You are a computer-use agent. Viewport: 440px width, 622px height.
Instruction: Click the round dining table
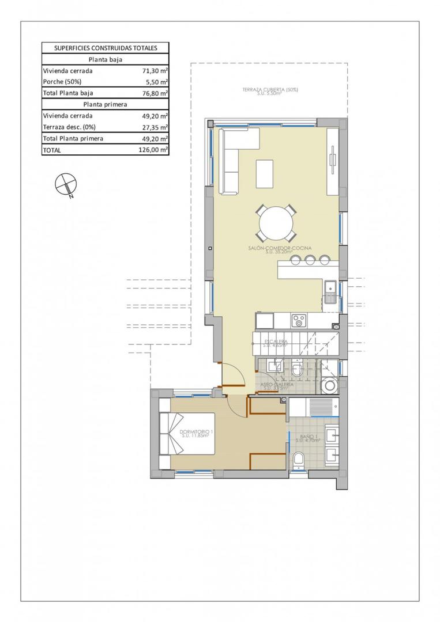[277, 223]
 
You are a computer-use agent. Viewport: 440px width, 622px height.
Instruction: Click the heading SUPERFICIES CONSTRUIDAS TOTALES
[105, 48]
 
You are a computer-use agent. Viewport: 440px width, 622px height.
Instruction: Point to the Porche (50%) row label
[62, 82]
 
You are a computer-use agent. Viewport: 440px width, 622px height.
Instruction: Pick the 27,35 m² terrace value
[155, 127]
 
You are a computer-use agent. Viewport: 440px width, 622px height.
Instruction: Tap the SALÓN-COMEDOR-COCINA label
[281, 249]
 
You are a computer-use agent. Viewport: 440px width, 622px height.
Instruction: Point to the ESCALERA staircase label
[276, 342]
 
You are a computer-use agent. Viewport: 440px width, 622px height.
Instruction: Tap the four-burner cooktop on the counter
[299, 319]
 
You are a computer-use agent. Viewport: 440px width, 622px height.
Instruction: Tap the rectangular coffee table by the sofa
[265, 173]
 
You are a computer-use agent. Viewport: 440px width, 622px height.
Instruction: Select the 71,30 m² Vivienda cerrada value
[155, 71]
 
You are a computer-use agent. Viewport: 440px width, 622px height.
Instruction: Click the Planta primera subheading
[105, 105]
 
